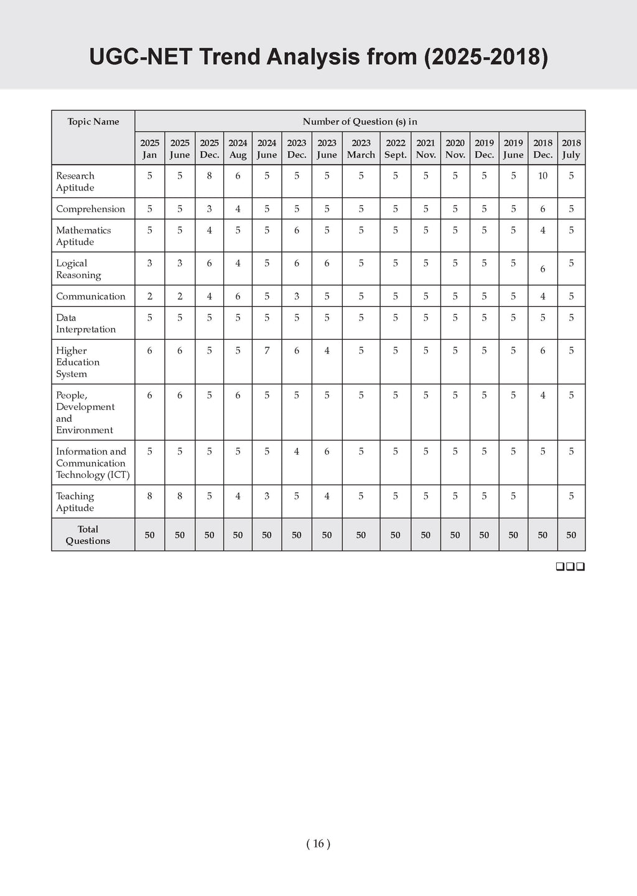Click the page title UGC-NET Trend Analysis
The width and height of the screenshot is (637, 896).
click(318, 57)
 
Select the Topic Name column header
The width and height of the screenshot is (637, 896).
click(93, 122)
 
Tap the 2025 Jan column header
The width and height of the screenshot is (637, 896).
click(149, 149)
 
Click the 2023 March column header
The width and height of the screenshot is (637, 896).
click(361, 149)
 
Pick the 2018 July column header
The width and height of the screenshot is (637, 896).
click(571, 149)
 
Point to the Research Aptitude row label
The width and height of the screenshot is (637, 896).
click(75, 182)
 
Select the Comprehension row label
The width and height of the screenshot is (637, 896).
click(90, 209)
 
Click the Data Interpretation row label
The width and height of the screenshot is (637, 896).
click(86, 324)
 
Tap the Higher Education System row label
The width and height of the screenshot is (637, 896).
click(78, 362)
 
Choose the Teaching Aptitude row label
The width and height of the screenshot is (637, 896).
click(75, 502)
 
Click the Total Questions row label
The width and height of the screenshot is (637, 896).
click(88, 535)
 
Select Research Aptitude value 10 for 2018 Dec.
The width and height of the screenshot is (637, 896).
click(542, 176)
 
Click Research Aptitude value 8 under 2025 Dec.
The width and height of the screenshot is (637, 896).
click(210, 176)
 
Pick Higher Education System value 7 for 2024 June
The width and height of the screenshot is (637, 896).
click(267, 351)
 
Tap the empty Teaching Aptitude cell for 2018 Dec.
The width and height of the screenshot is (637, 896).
click(542, 502)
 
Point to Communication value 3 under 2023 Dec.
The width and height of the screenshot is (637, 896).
click(297, 297)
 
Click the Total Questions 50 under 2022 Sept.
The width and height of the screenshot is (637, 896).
click(395, 535)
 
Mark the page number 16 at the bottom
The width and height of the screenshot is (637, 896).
click(318, 844)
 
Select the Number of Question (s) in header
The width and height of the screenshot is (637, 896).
click(360, 122)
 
